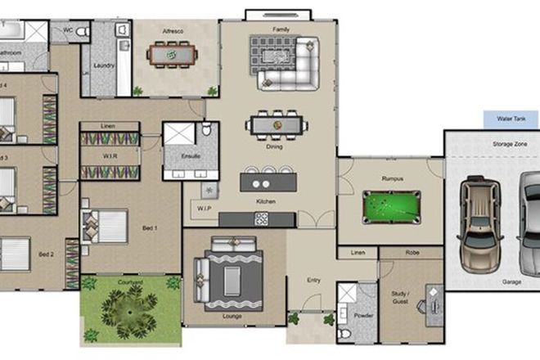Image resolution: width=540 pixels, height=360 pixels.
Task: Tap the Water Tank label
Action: (512, 119)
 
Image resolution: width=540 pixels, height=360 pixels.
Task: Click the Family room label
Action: (281, 29)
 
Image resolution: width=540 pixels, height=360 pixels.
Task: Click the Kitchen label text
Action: (265, 201)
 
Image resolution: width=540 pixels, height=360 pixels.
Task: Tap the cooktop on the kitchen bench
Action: (262, 218)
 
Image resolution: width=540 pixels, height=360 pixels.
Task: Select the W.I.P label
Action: (205, 208)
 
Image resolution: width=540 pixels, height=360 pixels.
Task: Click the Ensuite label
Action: (191, 156)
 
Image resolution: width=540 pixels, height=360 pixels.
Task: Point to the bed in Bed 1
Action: (105, 225)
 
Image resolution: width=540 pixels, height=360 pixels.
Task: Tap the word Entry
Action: (313, 281)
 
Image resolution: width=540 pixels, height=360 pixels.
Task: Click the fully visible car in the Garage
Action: (479, 223)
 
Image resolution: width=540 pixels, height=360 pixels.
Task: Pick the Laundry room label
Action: (104, 65)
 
